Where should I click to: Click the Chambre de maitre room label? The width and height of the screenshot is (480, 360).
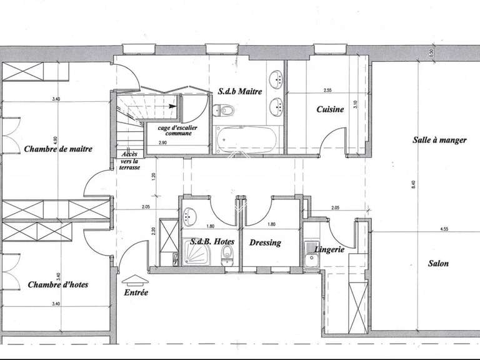[58, 149]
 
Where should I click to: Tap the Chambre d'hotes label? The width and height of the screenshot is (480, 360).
[57, 284]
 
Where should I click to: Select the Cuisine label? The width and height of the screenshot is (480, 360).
[330, 109]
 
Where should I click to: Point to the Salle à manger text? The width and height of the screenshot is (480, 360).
[439, 141]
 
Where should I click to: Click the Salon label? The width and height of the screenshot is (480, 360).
[438, 263]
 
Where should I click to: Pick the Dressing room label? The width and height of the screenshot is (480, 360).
[265, 242]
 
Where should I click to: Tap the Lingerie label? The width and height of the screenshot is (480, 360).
[329, 249]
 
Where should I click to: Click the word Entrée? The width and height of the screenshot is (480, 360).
[136, 292]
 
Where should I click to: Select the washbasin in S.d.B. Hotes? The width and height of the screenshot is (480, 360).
[190, 216]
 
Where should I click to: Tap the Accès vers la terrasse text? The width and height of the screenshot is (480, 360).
[130, 161]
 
